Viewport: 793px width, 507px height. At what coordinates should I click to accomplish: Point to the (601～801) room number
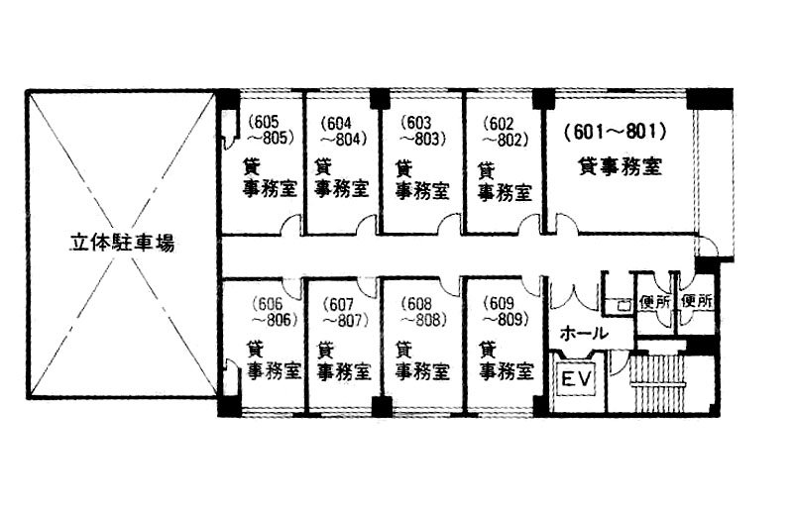click(612, 131)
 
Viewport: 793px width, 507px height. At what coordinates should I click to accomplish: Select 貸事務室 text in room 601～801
click(620, 165)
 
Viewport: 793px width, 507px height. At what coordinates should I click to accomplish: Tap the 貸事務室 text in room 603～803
click(421, 178)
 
